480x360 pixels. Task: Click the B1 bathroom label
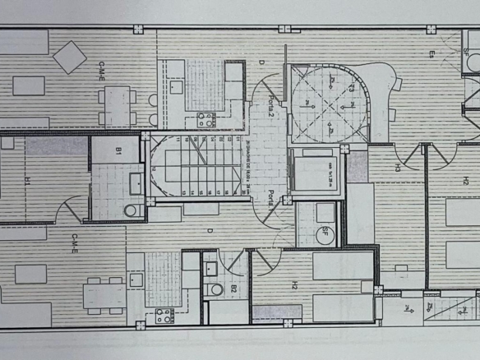coord(119,151)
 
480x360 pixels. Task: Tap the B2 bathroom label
coord(233,288)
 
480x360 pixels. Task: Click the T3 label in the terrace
coord(351,86)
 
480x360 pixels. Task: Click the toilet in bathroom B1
coord(130,210)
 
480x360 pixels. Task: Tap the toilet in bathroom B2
coord(215,288)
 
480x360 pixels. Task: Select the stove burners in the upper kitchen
coord(205,120)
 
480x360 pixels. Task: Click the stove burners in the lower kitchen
coord(164,315)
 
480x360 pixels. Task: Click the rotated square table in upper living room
coord(70,56)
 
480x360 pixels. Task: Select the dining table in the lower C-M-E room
coord(105,294)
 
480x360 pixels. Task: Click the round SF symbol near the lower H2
coord(327,233)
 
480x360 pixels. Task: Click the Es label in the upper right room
coord(431,55)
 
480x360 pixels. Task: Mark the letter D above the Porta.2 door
coord(260,62)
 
